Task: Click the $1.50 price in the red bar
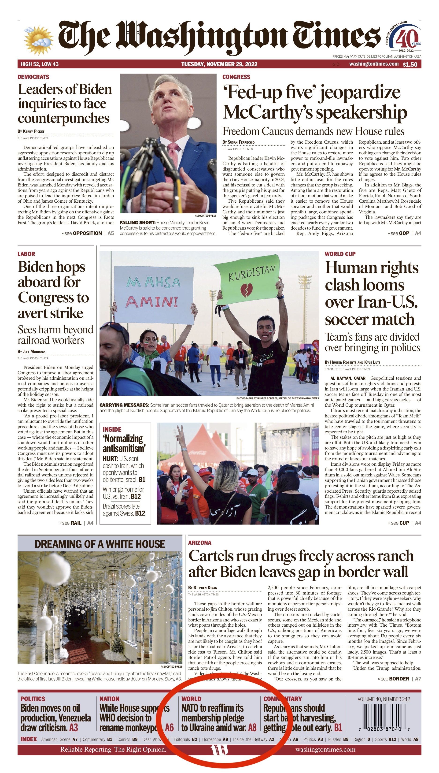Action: coord(410,64)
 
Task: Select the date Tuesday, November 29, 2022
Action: coord(219,64)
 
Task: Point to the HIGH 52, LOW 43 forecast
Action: coord(40,64)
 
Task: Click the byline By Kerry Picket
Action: coord(31,131)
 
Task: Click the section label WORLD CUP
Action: coord(340,254)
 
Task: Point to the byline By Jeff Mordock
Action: coord(32,351)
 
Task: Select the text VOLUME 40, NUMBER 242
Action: coord(384,699)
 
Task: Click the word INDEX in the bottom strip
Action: coord(29,739)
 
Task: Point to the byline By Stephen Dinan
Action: coord(202,587)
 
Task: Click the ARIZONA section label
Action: coord(200,543)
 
